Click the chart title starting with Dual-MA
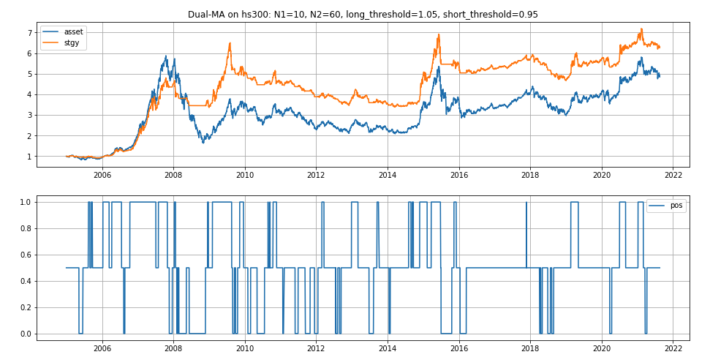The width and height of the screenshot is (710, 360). coord(363,15)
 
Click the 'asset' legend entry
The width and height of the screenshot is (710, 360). coord(74,31)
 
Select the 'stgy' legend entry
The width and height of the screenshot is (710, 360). coord(72,43)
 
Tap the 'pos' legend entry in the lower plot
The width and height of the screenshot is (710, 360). coord(676,206)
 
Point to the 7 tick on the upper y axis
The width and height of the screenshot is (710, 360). coord(30,33)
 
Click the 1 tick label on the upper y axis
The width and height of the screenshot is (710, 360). coord(30,157)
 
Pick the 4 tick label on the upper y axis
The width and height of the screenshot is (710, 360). coord(30,94)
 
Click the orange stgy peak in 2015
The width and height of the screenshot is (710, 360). coord(438,34)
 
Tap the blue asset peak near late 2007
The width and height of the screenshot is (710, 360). coord(166,56)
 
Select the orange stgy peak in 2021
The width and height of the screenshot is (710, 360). coord(641,29)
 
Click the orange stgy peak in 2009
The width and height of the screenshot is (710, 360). coord(230,43)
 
